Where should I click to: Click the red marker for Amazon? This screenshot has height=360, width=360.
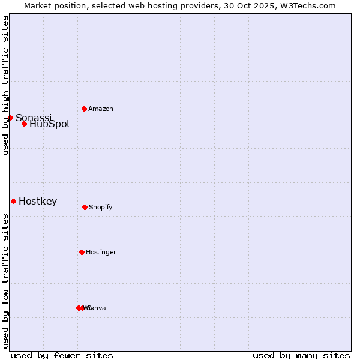pyautogui.click(x=84, y=109)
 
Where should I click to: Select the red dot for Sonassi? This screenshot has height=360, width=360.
pyautogui.click(x=10, y=118)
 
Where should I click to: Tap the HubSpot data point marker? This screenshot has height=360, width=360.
pyautogui.click(x=24, y=124)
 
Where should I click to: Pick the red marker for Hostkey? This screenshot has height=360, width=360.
pyautogui.click(x=13, y=201)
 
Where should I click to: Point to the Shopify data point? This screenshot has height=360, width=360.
pyautogui.click(x=85, y=207)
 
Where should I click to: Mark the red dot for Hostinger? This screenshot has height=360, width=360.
pyautogui.click(x=82, y=252)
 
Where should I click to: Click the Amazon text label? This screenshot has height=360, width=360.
pyautogui.click(x=101, y=109)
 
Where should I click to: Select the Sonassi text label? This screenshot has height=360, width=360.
pyautogui.click(x=34, y=118)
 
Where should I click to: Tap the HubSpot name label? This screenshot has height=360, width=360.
pyautogui.click(x=50, y=124)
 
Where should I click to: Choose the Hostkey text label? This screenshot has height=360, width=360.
pyautogui.click(x=38, y=202)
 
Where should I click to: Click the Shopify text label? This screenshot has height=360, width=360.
pyautogui.click(x=101, y=207)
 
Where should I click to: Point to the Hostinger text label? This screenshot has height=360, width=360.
pyautogui.click(x=101, y=252)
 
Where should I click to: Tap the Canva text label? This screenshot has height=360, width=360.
pyautogui.click(x=97, y=308)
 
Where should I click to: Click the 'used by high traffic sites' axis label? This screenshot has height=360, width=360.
pyautogui.click(x=5, y=86)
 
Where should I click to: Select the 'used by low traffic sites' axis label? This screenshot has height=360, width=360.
pyautogui.click(x=5, y=281)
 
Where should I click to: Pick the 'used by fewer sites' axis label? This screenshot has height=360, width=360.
pyautogui.click(x=62, y=355)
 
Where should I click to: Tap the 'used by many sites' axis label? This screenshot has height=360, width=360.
pyautogui.click(x=301, y=355)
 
